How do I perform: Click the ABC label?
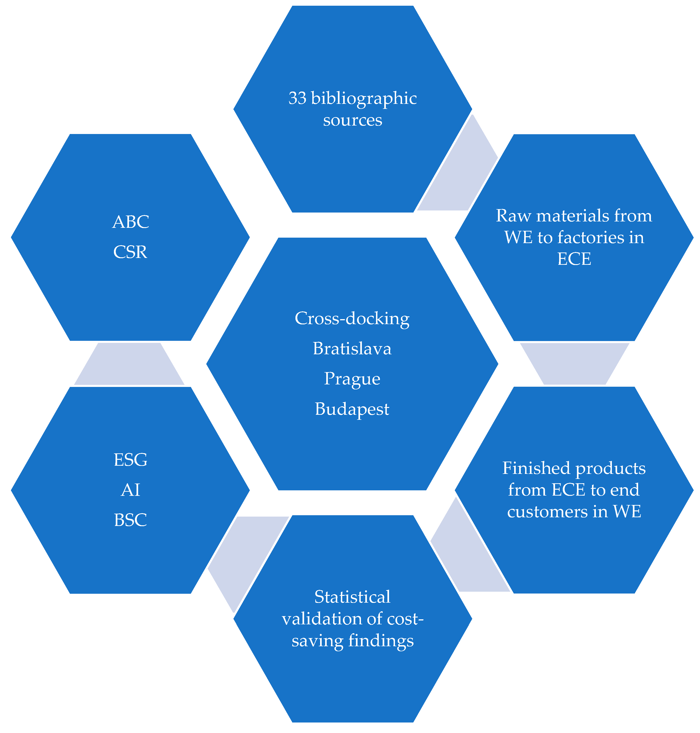click(x=131, y=222)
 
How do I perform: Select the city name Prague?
click(x=352, y=379)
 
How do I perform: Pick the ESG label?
click(x=130, y=460)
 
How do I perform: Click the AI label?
click(x=130, y=490)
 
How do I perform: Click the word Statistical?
click(x=352, y=597)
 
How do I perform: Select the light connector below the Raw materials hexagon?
click(x=575, y=364)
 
